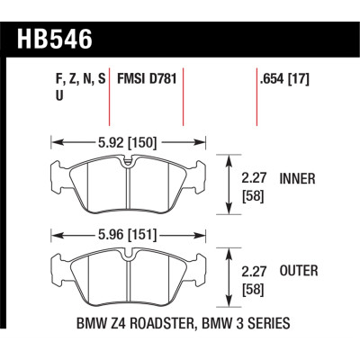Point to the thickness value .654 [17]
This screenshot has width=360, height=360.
286,80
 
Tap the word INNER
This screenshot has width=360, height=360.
298,179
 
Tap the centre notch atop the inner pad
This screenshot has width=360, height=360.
130,163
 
